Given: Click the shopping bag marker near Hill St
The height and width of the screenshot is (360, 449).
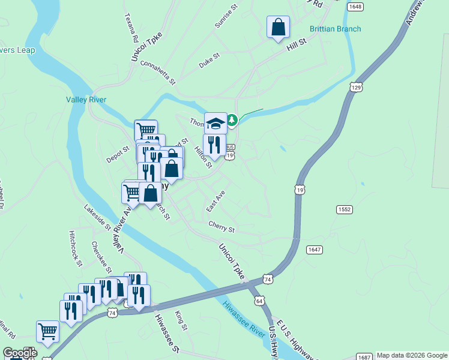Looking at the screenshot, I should [278, 27].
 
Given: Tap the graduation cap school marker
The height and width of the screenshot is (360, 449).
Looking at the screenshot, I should [215, 124].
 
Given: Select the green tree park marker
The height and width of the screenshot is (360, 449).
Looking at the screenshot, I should [232, 121].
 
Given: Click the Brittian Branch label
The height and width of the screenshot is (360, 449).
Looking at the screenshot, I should [335, 29].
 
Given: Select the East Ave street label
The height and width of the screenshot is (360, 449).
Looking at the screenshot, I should [215, 201].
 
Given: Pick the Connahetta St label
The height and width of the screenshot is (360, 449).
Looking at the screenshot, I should [157, 72].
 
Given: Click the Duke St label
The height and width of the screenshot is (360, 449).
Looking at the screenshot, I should [209, 62].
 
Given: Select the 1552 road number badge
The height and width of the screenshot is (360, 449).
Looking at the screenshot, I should [344, 209].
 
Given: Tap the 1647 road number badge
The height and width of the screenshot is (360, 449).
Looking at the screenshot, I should [314, 249].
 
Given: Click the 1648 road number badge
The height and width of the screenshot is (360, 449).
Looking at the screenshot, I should [355, 7].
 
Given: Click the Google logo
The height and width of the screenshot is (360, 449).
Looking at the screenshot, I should [19, 353].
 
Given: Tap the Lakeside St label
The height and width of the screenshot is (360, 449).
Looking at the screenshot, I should [97, 218].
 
